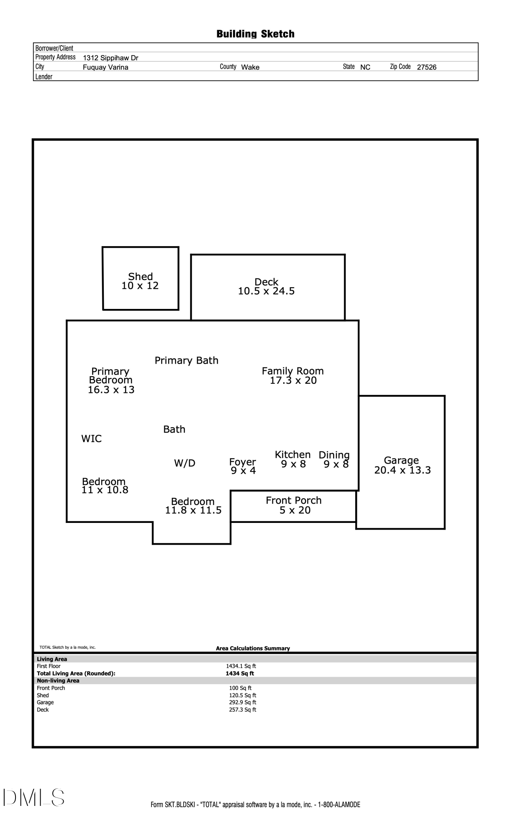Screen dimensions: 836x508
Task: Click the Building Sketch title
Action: point(255,34)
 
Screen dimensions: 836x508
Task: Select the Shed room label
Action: point(141,276)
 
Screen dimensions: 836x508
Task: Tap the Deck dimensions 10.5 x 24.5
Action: point(266,291)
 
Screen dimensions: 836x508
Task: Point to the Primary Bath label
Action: point(187,360)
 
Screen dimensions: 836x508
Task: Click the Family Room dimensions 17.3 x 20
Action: point(293,380)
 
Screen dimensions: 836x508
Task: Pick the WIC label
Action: point(91,438)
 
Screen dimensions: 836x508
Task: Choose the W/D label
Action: point(185,463)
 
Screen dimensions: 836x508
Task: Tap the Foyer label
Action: point(242,462)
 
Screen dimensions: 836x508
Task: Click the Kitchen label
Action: point(292,454)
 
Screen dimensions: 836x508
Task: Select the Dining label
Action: point(334,455)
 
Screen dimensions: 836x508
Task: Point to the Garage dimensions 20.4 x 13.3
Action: point(402,470)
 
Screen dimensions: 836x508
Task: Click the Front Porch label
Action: point(294,500)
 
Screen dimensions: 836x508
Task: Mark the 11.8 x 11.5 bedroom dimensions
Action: point(193,510)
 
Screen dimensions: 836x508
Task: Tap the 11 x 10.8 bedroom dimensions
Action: point(105,490)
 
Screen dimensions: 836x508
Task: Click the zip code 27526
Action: point(426,67)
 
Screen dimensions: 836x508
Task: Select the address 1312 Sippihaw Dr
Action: point(110,58)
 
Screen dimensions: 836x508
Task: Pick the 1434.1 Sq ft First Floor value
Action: point(241,666)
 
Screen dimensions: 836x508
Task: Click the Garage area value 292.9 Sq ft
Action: point(243,702)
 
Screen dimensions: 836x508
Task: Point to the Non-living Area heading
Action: point(58,681)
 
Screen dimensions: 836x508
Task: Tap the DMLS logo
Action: point(34,797)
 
